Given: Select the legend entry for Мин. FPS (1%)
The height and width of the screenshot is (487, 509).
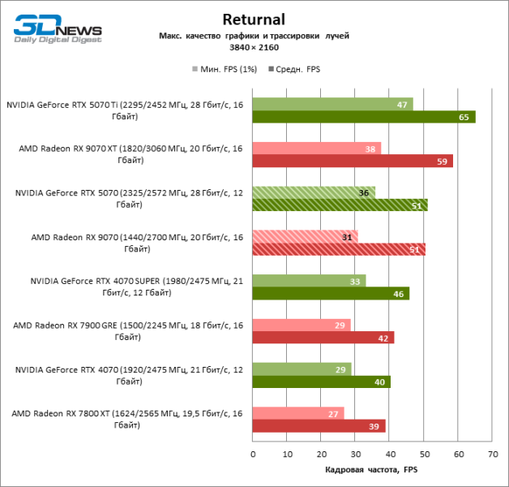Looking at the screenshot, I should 225,69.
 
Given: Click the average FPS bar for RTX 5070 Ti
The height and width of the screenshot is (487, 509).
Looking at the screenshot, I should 363,117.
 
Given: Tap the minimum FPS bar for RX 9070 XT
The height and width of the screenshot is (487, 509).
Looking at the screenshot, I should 316,149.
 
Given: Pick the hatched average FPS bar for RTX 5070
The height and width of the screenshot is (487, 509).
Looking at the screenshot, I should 340,205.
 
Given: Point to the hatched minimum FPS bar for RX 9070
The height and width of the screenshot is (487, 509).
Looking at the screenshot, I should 305,236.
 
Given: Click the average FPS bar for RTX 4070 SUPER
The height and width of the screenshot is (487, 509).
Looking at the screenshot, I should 331,294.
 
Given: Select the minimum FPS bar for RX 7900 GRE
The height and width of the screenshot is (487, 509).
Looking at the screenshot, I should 302,325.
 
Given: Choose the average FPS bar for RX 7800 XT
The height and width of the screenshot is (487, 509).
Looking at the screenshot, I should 319,426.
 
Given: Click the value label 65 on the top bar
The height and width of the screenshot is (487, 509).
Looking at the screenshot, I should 463,117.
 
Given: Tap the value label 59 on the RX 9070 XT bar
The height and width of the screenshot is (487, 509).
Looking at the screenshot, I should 442,162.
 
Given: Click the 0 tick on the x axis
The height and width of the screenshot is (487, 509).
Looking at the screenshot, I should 253,454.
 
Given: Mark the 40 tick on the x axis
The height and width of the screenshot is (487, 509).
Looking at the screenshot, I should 390,454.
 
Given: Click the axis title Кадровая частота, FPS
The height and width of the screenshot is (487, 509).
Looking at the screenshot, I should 372,471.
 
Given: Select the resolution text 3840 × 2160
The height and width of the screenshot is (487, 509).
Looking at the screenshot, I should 254,48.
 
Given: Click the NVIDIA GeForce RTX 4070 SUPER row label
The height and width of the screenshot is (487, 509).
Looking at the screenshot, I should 135,287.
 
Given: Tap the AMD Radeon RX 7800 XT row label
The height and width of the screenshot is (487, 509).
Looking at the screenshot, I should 127,419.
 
